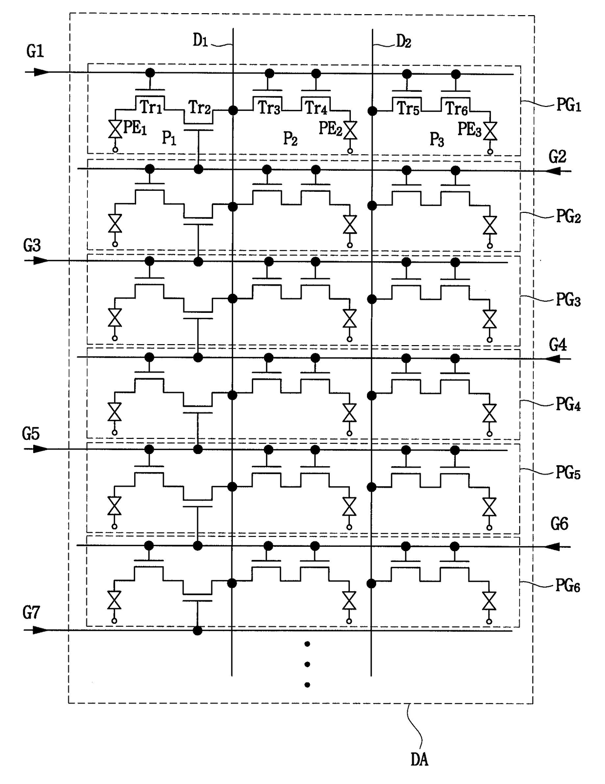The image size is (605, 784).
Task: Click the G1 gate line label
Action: click(x=35, y=51)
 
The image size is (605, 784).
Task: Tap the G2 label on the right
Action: click(x=558, y=157)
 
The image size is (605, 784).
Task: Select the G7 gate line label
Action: click(x=32, y=612)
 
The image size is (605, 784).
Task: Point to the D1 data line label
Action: click(x=201, y=41)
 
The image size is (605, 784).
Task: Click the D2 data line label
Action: click(x=403, y=42)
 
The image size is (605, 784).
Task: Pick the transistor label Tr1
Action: click(x=151, y=107)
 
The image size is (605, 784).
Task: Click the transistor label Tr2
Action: click(x=200, y=107)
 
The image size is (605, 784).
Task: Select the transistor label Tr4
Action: click(x=316, y=107)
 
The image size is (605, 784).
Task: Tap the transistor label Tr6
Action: click(x=457, y=108)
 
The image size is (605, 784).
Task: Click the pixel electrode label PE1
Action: click(x=135, y=128)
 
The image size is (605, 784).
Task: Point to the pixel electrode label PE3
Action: click(x=469, y=129)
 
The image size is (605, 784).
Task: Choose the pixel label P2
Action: click(x=290, y=139)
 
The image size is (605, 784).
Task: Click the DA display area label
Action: click(x=420, y=760)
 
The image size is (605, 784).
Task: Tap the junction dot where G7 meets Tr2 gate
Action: click(x=198, y=631)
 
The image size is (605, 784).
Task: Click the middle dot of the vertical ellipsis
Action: click(x=307, y=664)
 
